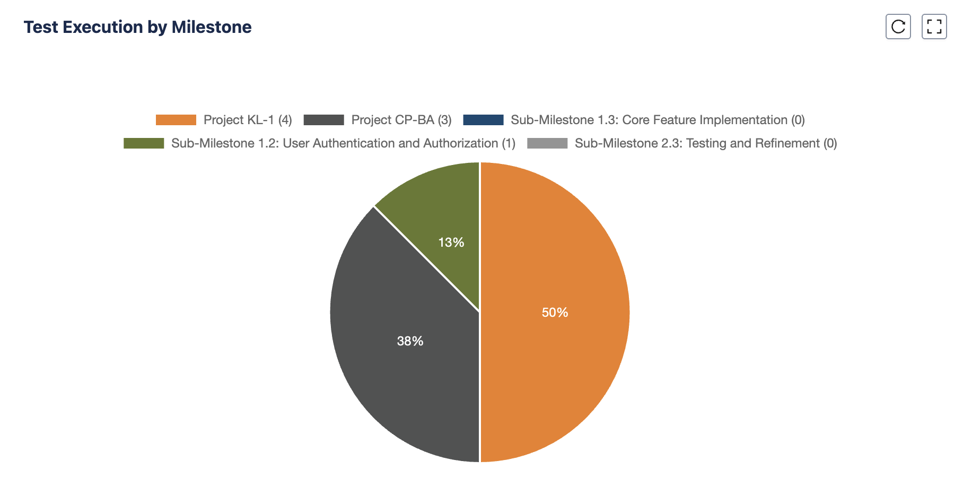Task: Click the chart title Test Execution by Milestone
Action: [137, 27]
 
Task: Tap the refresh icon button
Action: [898, 27]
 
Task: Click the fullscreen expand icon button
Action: [934, 27]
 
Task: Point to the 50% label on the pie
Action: [555, 313]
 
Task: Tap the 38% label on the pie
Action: [410, 341]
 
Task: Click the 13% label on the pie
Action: [451, 242]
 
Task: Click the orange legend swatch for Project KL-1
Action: [176, 120]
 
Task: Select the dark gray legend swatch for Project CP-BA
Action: [323, 120]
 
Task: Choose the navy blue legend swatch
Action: [483, 120]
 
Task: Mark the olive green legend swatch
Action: [144, 143]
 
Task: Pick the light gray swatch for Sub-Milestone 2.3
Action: [547, 143]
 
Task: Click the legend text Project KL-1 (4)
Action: [248, 120]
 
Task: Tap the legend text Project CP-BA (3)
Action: [401, 120]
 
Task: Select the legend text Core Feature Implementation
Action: [705, 120]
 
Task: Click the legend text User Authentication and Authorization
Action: [390, 143]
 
